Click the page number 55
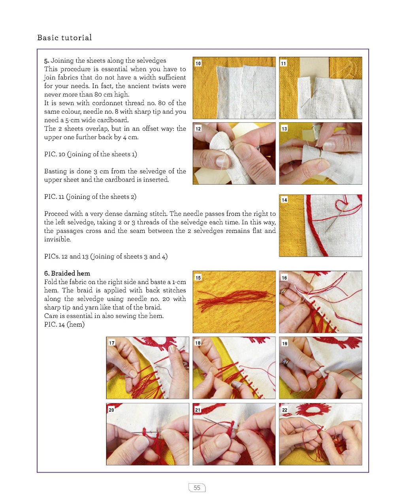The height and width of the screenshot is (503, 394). tap(197, 488)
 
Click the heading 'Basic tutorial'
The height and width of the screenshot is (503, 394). tap(64, 38)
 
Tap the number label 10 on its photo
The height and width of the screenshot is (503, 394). tap(198, 63)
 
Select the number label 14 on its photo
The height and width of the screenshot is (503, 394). tap(285, 200)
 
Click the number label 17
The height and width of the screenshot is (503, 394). tap(112, 343)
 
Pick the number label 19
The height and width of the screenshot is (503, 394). tap(285, 344)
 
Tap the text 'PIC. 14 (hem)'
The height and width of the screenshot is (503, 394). tap(64, 324)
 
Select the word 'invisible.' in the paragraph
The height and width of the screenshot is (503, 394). tap(57, 239)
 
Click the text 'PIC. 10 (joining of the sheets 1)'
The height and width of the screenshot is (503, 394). tap(90, 154)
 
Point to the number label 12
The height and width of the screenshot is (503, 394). tap(198, 129)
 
